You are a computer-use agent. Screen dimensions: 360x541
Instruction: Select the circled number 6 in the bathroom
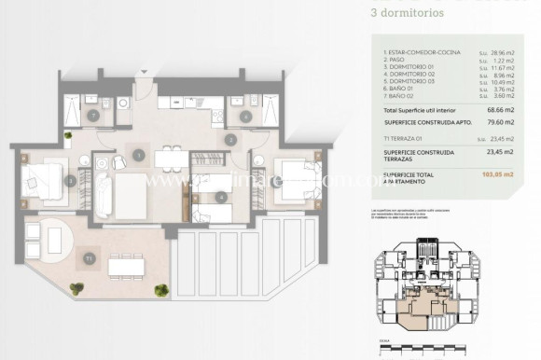(245, 117)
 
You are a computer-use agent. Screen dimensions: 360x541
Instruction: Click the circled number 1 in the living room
(138, 155)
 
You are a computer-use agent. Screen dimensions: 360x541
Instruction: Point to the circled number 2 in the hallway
(229, 140)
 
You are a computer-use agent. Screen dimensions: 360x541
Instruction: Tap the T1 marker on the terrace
(89, 256)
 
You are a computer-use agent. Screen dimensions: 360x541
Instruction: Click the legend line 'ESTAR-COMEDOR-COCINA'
(421, 53)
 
